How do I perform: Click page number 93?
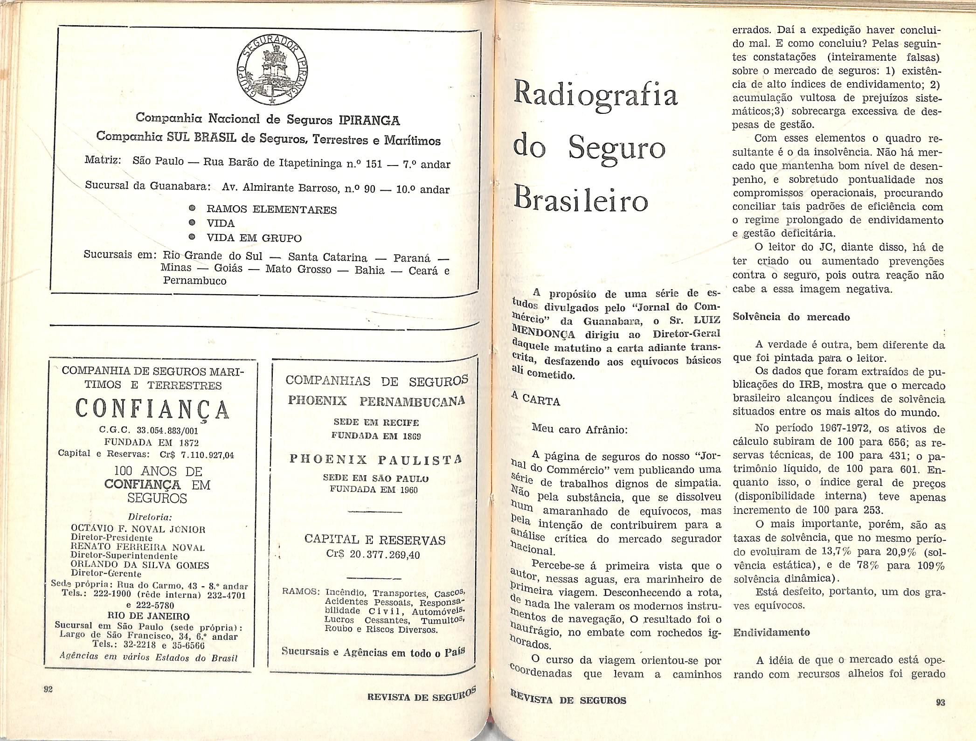940,703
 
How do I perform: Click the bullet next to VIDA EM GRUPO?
192,237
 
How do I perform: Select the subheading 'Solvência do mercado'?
791,317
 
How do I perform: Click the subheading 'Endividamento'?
771,633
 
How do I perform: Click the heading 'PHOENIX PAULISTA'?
375,460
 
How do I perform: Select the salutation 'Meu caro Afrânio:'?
580,429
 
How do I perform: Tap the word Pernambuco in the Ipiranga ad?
194,281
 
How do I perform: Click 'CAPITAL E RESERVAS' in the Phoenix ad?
374,540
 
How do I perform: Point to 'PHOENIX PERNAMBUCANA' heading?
376,401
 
